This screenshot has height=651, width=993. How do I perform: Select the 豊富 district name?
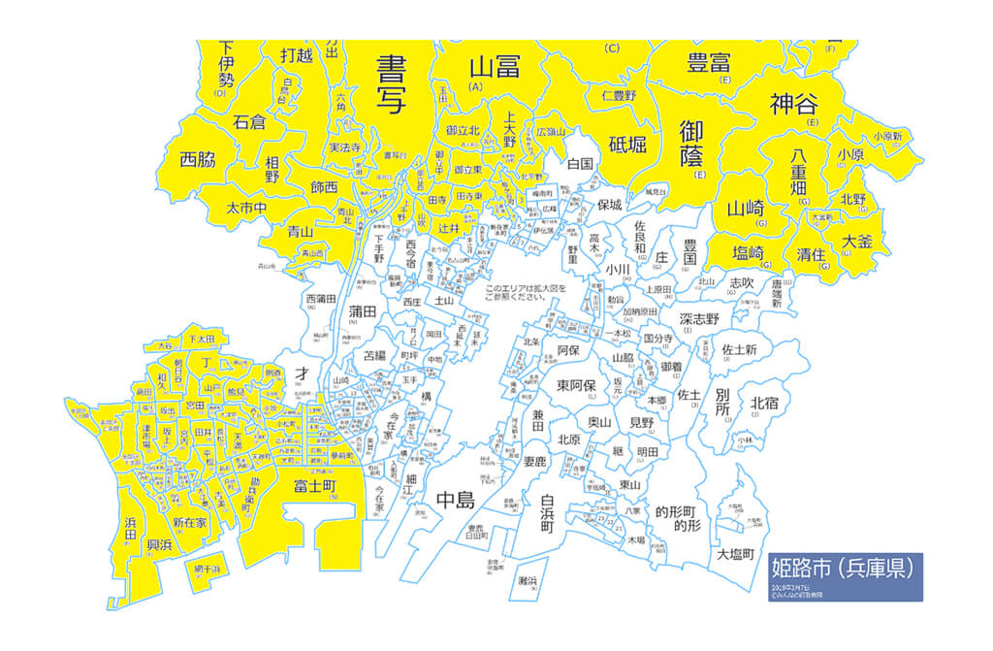click(x=709, y=63)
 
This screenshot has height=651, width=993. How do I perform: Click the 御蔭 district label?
click(x=691, y=144)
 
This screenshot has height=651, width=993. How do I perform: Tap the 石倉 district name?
click(x=249, y=122)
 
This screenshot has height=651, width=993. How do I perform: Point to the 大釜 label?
click(x=857, y=240)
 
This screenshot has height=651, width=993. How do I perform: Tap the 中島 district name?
click(x=455, y=501)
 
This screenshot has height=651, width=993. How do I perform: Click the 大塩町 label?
click(x=736, y=555)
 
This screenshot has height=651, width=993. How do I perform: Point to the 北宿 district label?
click(x=764, y=402)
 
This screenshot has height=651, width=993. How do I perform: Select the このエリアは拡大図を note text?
click(x=522, y=289)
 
